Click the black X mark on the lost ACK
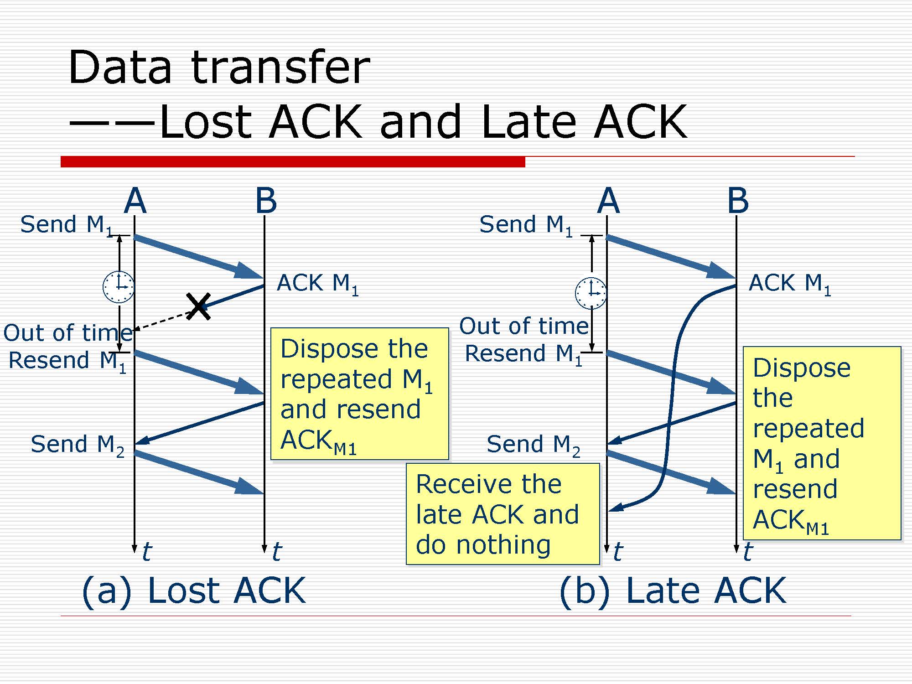198,306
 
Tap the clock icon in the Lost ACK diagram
119,287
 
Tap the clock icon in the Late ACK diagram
591,293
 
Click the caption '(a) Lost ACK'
194,591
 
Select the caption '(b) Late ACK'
673,591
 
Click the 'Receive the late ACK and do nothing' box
503,514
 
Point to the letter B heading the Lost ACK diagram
266,201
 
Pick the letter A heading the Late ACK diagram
608,201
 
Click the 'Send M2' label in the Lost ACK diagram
77,445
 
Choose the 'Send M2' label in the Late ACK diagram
533,445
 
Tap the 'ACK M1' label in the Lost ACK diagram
317,284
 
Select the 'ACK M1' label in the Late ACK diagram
790,284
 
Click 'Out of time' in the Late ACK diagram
524,326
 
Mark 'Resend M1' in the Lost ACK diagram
67,361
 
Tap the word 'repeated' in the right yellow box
808,428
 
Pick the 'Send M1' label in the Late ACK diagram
525,225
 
